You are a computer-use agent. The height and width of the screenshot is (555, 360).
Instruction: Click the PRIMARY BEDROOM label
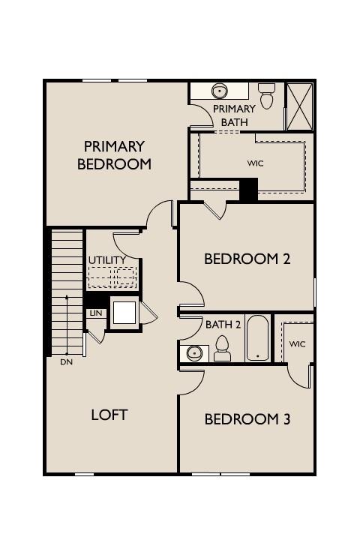click(x=114, y=154)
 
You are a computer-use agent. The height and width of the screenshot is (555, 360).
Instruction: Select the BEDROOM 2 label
click(x=247, y=259)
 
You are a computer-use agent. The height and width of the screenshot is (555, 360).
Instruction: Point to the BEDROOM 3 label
click(x=247, y=419)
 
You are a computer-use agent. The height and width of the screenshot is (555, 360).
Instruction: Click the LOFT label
click(x=109, y=415)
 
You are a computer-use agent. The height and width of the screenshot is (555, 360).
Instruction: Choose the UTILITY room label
click(x=107, y=260)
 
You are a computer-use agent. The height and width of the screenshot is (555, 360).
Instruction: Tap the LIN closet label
click(x=95, y=313)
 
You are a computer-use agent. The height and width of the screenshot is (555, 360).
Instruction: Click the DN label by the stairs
click(x=67, y=361)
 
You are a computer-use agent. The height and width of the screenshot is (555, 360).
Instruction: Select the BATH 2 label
click(x=223, y=325)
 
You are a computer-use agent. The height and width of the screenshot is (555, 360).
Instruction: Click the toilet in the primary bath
click(x=266, y=97)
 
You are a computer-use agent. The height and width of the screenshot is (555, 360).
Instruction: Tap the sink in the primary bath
click(x=220, y=91)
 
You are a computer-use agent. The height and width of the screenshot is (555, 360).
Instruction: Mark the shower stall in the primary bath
click(x=299, y=106)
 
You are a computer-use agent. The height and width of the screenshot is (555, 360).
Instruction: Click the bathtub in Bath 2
click(x=257, y=338)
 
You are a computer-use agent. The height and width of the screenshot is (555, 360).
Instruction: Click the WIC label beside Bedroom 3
click(x=297, y=343)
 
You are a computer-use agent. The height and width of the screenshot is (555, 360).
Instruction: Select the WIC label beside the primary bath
click(x=256, y=163)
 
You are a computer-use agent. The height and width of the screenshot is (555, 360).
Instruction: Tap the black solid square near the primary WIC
click(x=248, y=189)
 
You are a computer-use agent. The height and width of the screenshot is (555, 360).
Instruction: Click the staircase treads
click(x=66, y=292)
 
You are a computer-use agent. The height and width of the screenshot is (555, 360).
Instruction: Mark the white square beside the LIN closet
click(x=124, y=313)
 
